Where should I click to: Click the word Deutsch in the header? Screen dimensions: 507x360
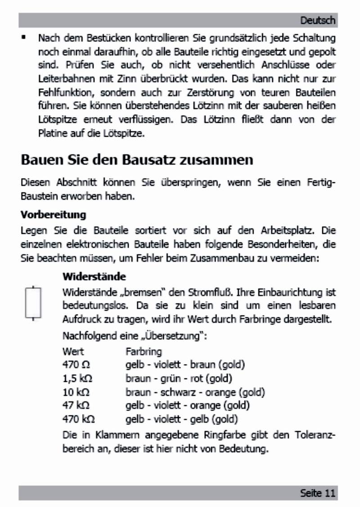coord(318,20)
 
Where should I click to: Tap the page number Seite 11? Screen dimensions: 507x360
coord(318,493)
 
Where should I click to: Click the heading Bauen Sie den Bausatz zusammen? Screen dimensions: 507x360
coord(137,160)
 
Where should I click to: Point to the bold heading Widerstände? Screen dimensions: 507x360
coord(94,276)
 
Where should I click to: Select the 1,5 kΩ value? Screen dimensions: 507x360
coord(77,378)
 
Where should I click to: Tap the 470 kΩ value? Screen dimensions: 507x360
coord(78,419)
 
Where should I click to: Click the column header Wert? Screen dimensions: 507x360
coord(73,351)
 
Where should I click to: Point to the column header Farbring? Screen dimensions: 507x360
coord(144,351)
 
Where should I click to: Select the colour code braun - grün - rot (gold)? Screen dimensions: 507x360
coord(179,378)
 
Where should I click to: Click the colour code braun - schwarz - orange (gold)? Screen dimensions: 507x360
coord(195,392)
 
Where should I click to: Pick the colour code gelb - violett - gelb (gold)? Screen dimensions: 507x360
coord(182,419)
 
